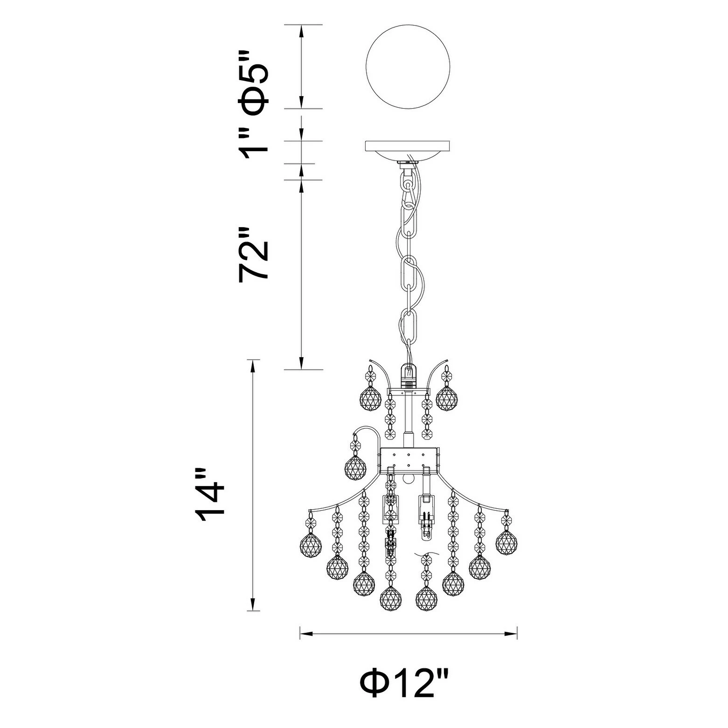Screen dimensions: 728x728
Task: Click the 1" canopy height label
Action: [x=254, y=142]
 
